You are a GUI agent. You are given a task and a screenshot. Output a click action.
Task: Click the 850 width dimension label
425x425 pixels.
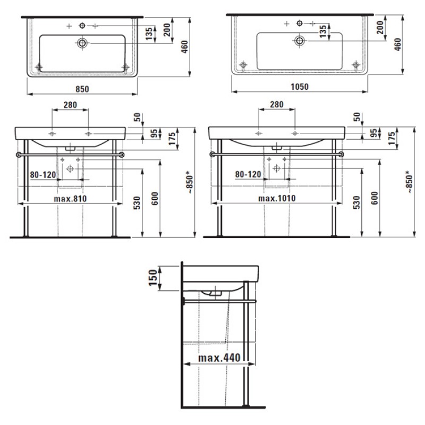coord(82,89)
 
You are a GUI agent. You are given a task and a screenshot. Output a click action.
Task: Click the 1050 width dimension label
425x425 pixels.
coord(300,87)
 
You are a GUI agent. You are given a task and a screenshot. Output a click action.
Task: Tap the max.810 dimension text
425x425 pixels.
coord(70,199)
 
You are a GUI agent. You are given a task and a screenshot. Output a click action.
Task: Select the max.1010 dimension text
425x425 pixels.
coord(277,198)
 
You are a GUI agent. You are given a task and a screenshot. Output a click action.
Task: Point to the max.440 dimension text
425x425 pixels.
coord(219,358)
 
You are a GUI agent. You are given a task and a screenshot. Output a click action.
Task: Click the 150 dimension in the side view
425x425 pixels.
coord(153,277)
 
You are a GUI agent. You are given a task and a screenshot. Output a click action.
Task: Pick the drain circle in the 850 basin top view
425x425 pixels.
coord(82,43)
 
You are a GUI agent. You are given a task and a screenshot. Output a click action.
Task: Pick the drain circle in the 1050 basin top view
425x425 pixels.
coord(300,41)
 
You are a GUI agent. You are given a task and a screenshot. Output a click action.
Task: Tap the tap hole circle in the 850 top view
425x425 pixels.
coord(82,25)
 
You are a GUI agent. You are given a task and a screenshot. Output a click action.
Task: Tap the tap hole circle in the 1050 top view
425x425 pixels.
coord(300,23)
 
